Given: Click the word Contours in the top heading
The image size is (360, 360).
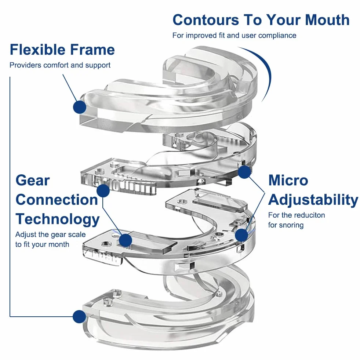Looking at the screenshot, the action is click(x=206, y=20).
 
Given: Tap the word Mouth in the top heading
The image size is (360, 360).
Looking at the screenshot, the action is click(x=327, y=20).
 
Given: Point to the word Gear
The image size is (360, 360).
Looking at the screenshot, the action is click(x=33, y=181).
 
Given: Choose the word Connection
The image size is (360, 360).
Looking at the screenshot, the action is click(x=57, y=200).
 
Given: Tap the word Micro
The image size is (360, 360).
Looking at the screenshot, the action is click(x=288, y=180).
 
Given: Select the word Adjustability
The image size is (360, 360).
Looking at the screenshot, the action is click(x=313, y=200).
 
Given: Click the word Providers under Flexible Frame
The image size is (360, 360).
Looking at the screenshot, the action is click(x=25, y=65).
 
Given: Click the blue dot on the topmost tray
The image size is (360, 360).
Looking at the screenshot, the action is click(x=80, y=107).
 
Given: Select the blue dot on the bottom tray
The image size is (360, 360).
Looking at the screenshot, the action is click(x=79, y=317).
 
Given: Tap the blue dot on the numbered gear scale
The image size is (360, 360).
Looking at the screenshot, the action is click(x=103, y=190).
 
